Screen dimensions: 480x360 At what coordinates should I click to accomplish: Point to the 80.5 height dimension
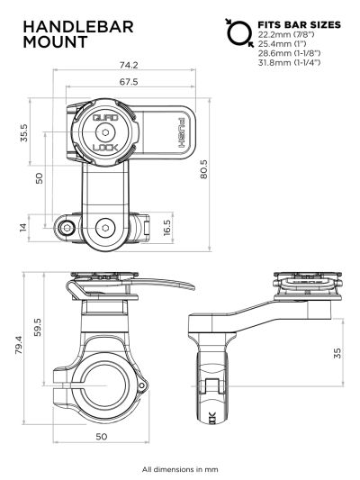pos(229,169)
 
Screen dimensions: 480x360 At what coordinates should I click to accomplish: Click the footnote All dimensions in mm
pos(180,468)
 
